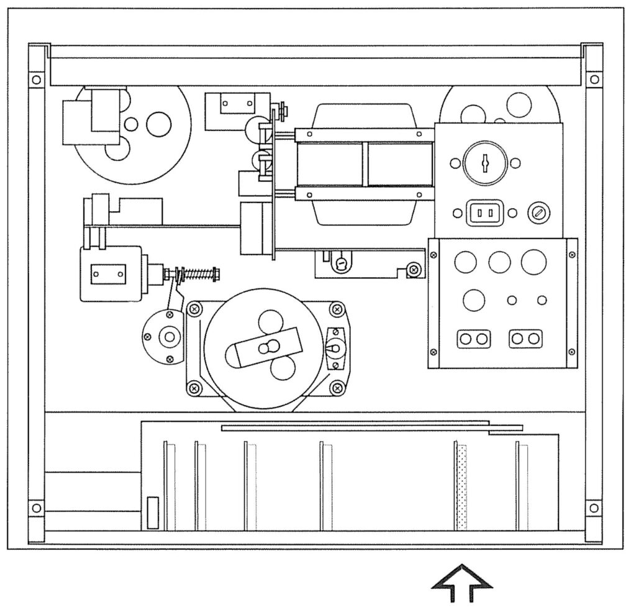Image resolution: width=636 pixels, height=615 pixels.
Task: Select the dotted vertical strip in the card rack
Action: (x=461, y=487)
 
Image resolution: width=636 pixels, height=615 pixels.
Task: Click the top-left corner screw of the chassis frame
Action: (x=37, y=80)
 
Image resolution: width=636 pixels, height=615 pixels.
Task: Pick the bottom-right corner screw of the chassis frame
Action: (x=594, y=508)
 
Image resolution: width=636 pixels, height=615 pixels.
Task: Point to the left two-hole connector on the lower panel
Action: (x=474, y=339)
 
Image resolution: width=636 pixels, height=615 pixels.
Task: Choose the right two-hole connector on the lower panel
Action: (x=525, y=339)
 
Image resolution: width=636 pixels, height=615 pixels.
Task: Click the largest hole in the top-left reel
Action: (x=158, y=124)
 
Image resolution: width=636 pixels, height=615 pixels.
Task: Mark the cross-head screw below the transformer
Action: (x=412, y=269)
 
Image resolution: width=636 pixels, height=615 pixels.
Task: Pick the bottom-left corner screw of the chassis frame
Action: (x=37, y=508)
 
